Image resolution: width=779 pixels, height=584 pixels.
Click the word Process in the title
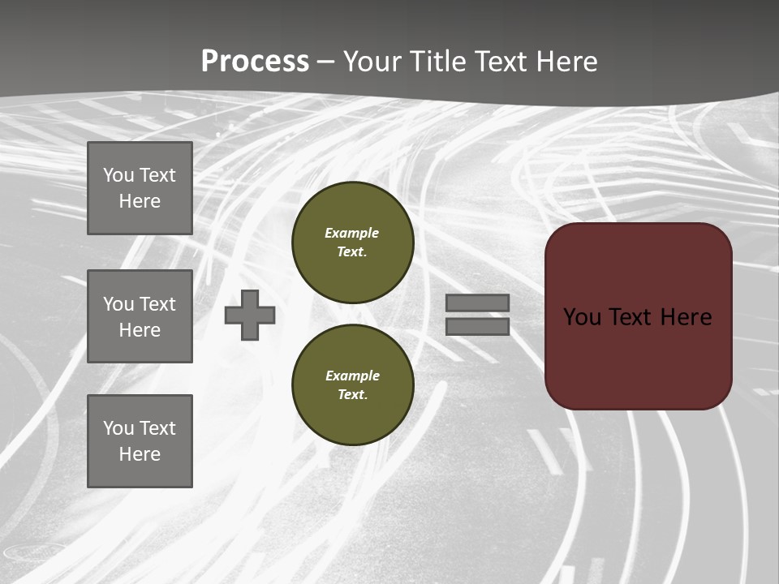click(x=255, y=62)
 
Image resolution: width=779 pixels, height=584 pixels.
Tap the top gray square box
click(x=140, y=188)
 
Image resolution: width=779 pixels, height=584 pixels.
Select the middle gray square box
click(x=140, y=316)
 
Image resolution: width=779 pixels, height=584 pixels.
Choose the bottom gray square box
click(x=140, y=441)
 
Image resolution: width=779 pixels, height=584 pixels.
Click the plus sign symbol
click(x=250, y=315)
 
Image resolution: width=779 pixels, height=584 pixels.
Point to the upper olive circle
click(x=353, y=243)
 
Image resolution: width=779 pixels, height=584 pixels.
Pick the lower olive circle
click(x=353, y=385)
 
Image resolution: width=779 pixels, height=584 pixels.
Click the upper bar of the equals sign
click(x=477, y=303)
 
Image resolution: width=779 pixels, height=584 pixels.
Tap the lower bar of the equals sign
click(x=477, y=326)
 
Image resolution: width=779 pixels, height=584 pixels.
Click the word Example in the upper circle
click(x=352, y=233)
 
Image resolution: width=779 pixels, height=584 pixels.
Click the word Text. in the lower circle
click(x=353, y=395)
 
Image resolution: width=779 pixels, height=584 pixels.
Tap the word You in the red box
click(x=581, y=317)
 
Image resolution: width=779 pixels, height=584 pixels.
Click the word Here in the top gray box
click(x=140, y=201)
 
